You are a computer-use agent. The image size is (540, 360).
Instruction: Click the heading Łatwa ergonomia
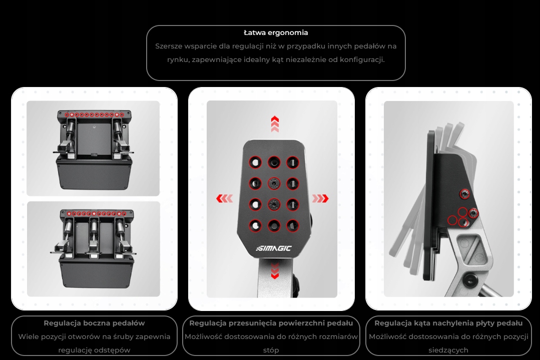click(276, 33)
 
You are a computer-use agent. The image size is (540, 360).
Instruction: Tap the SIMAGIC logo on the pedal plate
click(274, 248)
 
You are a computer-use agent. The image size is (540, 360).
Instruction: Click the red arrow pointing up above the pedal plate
click(275, 124)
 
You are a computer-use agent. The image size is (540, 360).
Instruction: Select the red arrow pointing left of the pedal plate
click(225, 199)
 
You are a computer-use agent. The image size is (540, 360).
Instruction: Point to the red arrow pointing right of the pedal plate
click(320, 199)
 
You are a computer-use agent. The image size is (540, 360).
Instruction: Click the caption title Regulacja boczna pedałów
click(94, 323)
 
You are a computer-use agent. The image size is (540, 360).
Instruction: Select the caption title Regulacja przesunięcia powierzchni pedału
click(271, 323)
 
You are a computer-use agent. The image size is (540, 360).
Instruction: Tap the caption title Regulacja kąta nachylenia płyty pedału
click(448, 323)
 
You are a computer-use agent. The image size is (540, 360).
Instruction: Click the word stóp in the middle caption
click(271, 350)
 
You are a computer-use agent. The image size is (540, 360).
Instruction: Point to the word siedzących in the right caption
click(448, 350)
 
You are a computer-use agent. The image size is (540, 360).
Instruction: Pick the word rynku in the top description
click(177, 60)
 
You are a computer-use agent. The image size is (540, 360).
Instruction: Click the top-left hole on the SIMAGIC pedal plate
click(255, 162)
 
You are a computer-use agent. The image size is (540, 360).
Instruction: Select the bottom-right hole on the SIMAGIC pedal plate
click(293, 225)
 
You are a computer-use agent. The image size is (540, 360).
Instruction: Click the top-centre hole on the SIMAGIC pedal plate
click(274, 162)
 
